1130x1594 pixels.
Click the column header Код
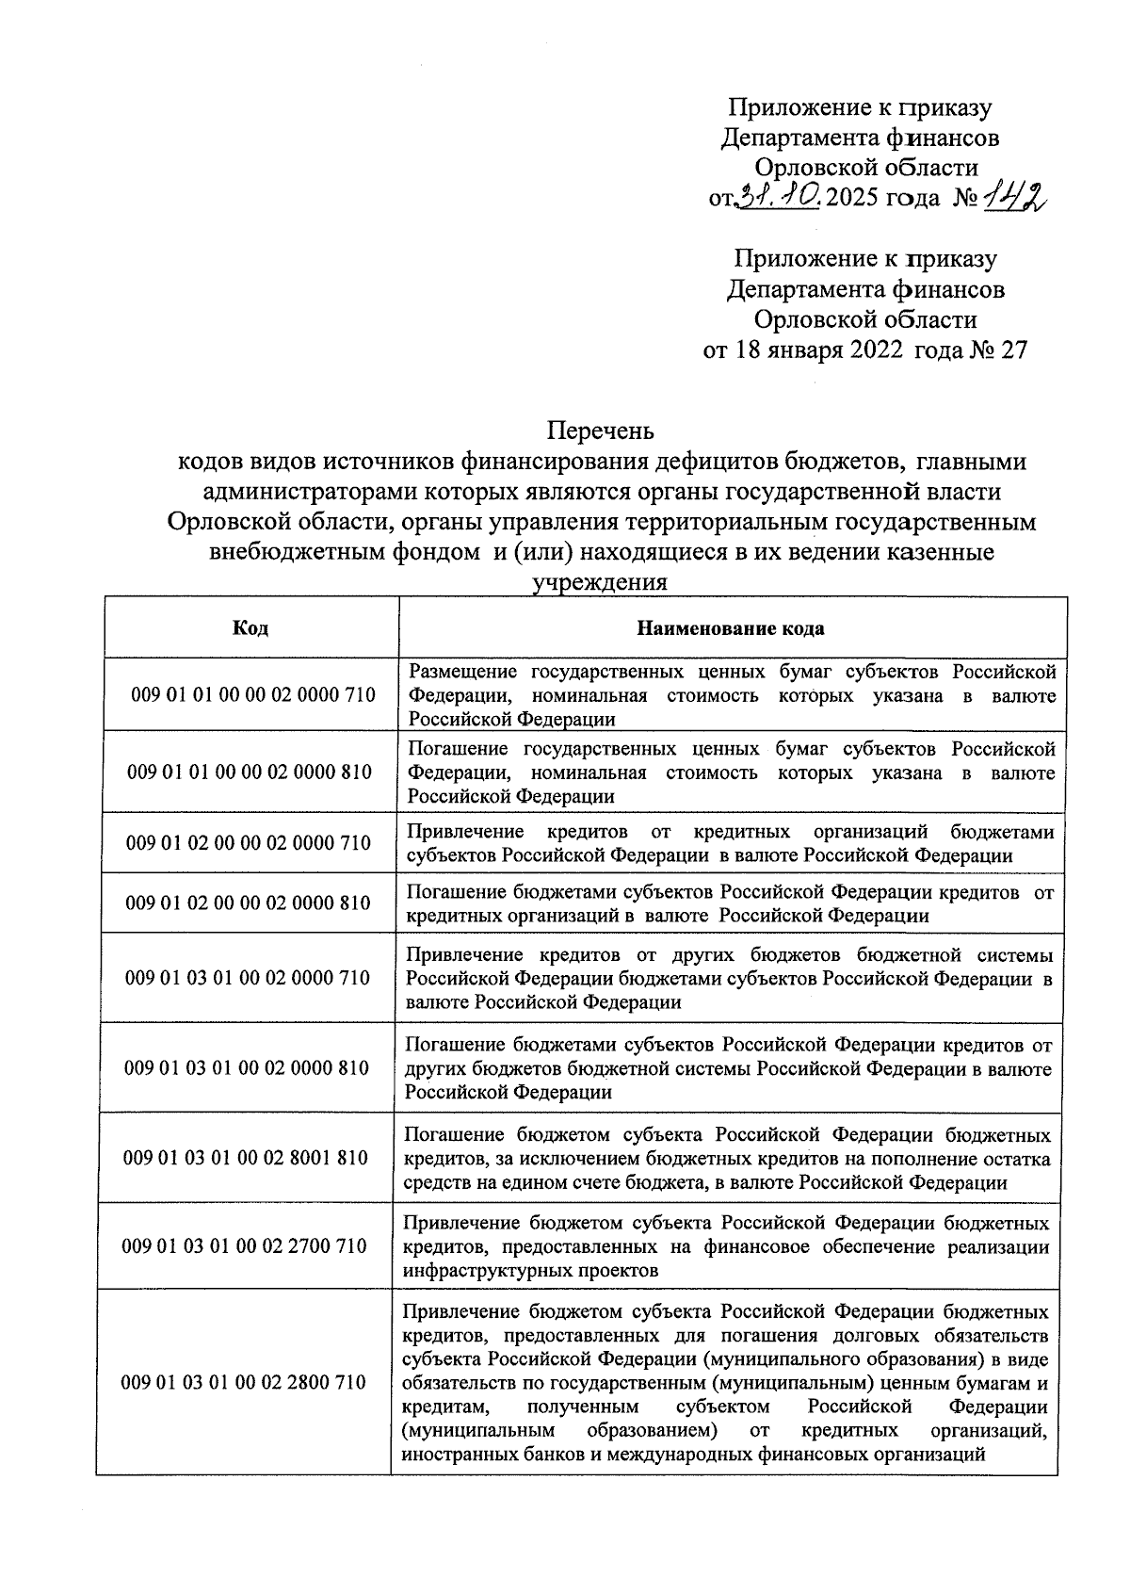250,628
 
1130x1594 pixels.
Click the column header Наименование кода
731,628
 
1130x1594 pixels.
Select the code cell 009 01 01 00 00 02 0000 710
252,695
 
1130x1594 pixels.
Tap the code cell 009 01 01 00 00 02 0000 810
250,772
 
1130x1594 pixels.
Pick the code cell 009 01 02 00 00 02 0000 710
249,843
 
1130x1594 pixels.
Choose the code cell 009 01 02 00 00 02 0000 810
249,903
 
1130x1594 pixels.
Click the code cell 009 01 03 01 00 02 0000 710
248,978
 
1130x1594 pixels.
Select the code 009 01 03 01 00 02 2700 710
245,1245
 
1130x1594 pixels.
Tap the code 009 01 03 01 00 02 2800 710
245,1382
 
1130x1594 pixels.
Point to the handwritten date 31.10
780,197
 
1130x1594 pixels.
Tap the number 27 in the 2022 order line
1012,350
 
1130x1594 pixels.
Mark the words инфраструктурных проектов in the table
529,1270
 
